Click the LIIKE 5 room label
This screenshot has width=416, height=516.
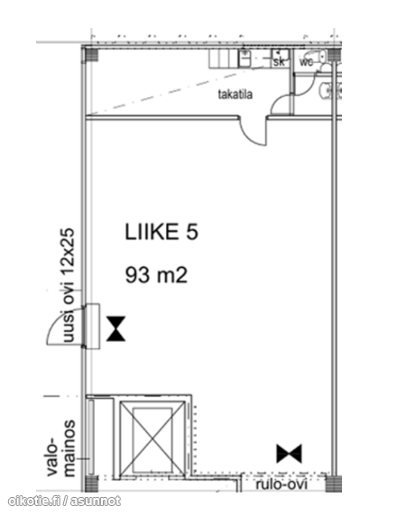pyautogui.click(x=162, y=232)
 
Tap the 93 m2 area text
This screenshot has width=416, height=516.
pyautogui.click(x=156, y=275)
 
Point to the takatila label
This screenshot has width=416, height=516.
pyautogui.click(x=236, y=95)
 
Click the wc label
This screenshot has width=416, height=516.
pyautogui.click(x=306, y=61)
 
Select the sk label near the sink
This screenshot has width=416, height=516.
pyautogui.click(x=279, y=61)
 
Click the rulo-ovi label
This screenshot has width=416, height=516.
pyautogui.click(x=282, y=484)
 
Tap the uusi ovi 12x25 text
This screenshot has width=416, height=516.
pyautogui.click(x=69, y=285)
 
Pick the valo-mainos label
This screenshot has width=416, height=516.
pyautogui.click(x=61, y=448)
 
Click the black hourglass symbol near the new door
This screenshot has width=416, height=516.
pyautogui.click(x=116, y=328)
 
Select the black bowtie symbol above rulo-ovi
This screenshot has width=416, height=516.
pyautogui.click(x=289, y=454)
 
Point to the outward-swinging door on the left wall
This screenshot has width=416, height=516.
pyautogui.click(x=66, y=326)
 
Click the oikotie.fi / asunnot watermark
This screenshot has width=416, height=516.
pyautogui.click(x=64, y=502)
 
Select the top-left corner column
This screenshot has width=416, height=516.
pyautogui.click(x=90, y=55)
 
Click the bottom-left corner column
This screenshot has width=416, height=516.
pyautogui.click(x=90, y=484)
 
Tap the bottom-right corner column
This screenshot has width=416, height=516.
pyautogui.click(x=333, y=484)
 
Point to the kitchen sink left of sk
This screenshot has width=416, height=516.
pyautogui.click(x=245, y=58)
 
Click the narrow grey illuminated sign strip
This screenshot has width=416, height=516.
pyautogui.click(x=91, y=438)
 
